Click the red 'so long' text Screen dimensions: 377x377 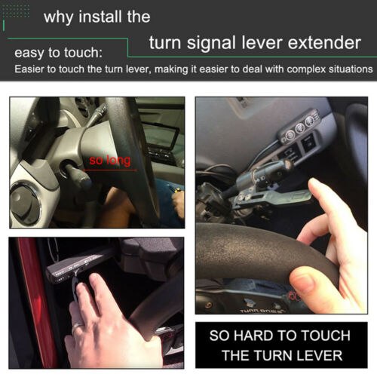pos(109,161)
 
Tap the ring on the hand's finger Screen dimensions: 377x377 pos(78,325)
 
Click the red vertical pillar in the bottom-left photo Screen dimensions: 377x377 pos(34,302)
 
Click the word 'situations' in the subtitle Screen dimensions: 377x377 pos(345,69)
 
